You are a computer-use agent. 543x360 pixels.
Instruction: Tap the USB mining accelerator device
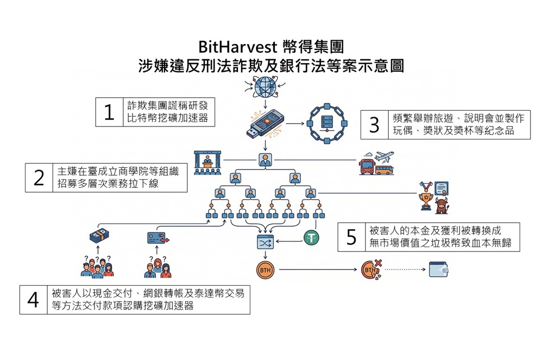point(264,124)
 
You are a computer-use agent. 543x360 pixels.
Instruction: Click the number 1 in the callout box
point(109,112)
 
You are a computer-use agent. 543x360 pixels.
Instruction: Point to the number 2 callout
point(39,178)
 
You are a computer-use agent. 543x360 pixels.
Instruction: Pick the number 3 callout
point(374,124)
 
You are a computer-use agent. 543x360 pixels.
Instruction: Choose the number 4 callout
point(33,299)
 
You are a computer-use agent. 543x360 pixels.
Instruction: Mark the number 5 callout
point(351,237)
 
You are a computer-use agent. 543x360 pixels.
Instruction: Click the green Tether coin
point(311,237)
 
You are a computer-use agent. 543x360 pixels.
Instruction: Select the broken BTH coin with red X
point(371,269)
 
